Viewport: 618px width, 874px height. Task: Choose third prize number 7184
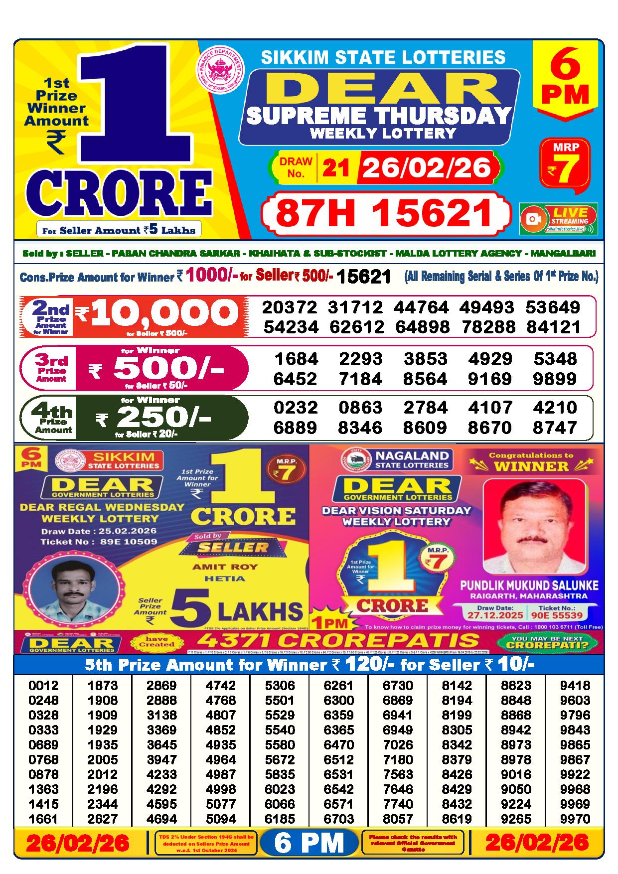pos(360,379)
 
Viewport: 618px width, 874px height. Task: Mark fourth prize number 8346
pos(360,428)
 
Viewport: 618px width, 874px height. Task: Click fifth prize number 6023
pos(280,789)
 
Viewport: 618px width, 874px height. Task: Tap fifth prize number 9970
pos(575,819)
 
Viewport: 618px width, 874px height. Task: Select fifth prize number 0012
pos(43,685)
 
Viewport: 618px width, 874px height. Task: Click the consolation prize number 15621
pos(364,277)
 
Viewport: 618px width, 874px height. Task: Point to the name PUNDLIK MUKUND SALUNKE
pos(529,585)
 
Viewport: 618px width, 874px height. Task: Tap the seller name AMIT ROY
pos(225,567)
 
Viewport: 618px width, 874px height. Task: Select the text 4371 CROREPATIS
pos(338,641)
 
